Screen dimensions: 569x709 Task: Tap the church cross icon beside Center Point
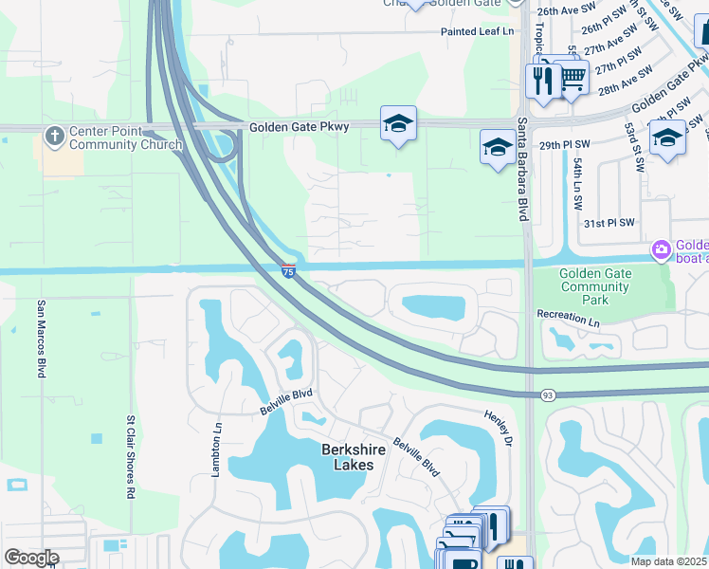point(55,137)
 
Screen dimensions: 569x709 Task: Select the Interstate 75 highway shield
point(288,271)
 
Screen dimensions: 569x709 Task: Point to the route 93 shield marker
point(548,393)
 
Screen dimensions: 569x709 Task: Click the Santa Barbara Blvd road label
point(521,169)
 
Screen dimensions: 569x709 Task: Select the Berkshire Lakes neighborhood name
point(347,457)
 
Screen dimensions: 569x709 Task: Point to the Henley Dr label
point(498,429)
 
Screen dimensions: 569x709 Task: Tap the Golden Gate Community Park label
point(597,286)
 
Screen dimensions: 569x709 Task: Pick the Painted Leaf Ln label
point(477,31)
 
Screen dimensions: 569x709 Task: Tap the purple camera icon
point(660,250)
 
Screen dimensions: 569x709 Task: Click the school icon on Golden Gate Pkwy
point(398,122)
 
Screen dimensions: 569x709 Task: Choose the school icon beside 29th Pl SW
point(497,147)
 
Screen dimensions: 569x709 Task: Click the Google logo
point(31,558)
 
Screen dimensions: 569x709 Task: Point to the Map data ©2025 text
point(669,560)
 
